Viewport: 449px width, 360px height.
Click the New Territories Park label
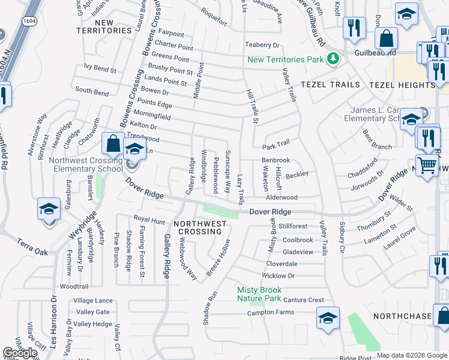tap(285, 59)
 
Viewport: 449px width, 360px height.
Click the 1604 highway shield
tap(29, 21)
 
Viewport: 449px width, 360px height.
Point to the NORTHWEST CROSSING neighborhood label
tap(200, 228)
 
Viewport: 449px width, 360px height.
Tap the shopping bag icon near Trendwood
tap(113, 144)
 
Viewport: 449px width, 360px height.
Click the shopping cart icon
tap(426, 164)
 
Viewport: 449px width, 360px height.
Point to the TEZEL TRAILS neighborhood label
tap(330, 85)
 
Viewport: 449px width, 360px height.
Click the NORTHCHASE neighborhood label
tap(402, 316)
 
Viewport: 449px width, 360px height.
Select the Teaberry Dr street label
tap(263, 45)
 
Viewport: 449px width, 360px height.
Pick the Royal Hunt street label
tap(149, 221)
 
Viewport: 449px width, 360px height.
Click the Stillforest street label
tap(293, 226)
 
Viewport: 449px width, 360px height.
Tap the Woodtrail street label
tap(74, 287)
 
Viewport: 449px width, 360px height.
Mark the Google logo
tap(20, 353)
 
